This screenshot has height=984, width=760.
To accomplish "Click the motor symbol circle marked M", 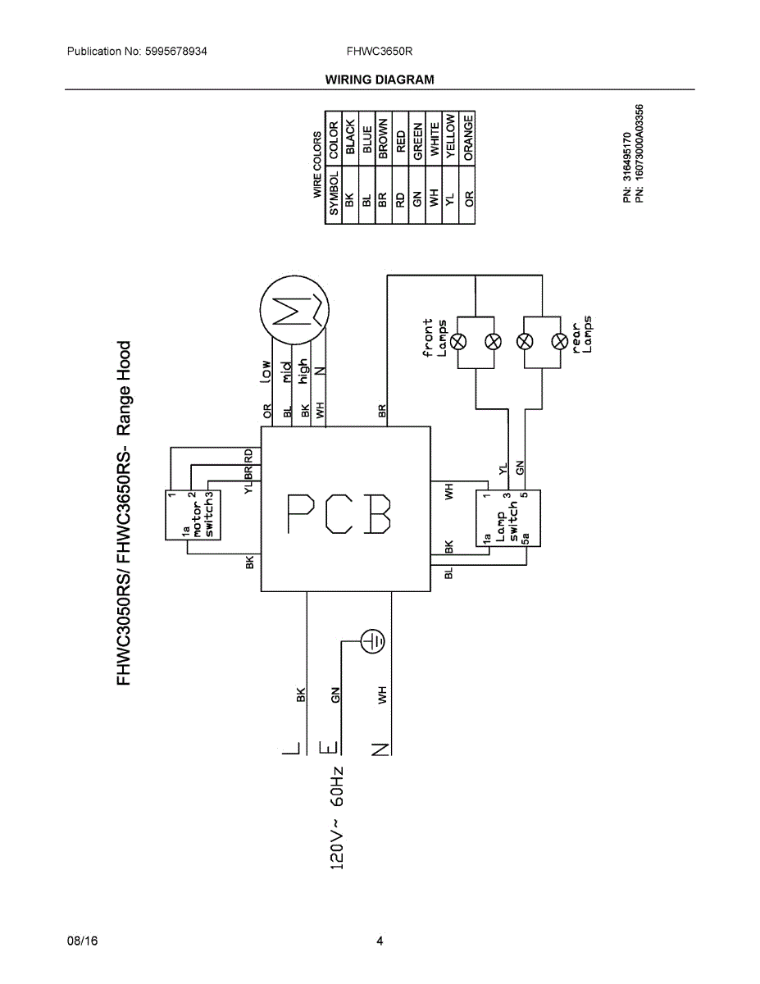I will tap(294, 311).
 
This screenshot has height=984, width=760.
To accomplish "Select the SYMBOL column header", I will tap(334, 194).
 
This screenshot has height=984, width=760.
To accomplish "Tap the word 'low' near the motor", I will tap(265, 371).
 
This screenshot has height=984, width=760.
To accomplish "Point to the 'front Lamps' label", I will tap(435, 338).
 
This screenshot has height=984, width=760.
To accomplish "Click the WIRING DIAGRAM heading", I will tap(380, 80).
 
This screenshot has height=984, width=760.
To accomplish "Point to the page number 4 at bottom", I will tap(380, 941).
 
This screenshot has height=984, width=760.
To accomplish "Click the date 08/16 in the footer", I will tap(82, 941).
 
